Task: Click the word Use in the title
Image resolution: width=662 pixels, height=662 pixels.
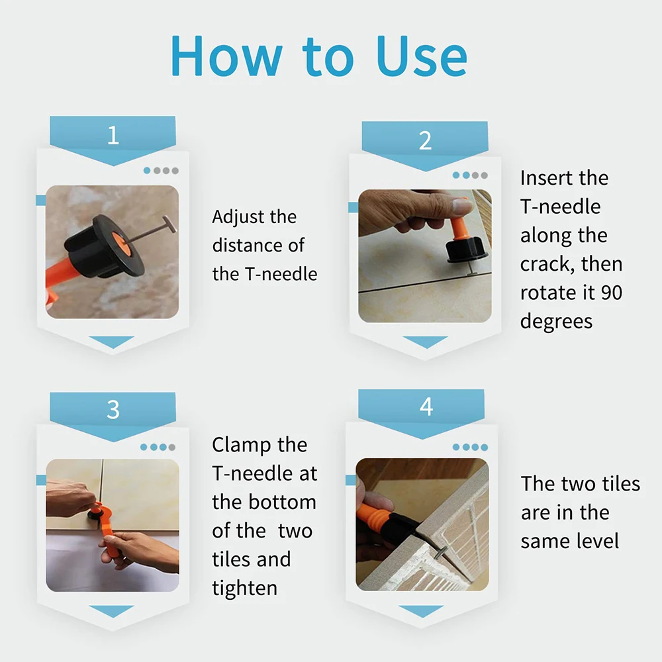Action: tap(422, 56)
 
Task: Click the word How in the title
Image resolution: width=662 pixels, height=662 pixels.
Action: tap(226, 56)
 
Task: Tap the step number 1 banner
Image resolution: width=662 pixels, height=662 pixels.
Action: tap(113, 136)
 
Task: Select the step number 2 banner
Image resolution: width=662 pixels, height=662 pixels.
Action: tap(425, 141)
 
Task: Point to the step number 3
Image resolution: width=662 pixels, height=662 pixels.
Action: tap(113, 410)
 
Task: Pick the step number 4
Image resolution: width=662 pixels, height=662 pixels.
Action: tap(426, 407)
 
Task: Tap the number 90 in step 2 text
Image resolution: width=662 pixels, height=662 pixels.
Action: tap(611, 293)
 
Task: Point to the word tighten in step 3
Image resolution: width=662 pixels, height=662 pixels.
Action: tap(245, 588)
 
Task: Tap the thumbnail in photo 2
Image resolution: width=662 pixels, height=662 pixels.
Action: tap(461, 207)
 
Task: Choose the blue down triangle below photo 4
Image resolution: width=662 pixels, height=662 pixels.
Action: tap(421, 611)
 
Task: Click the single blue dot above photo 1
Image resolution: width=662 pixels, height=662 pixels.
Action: tap(147, 171)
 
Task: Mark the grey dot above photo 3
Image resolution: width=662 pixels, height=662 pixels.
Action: tap(172, 447)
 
